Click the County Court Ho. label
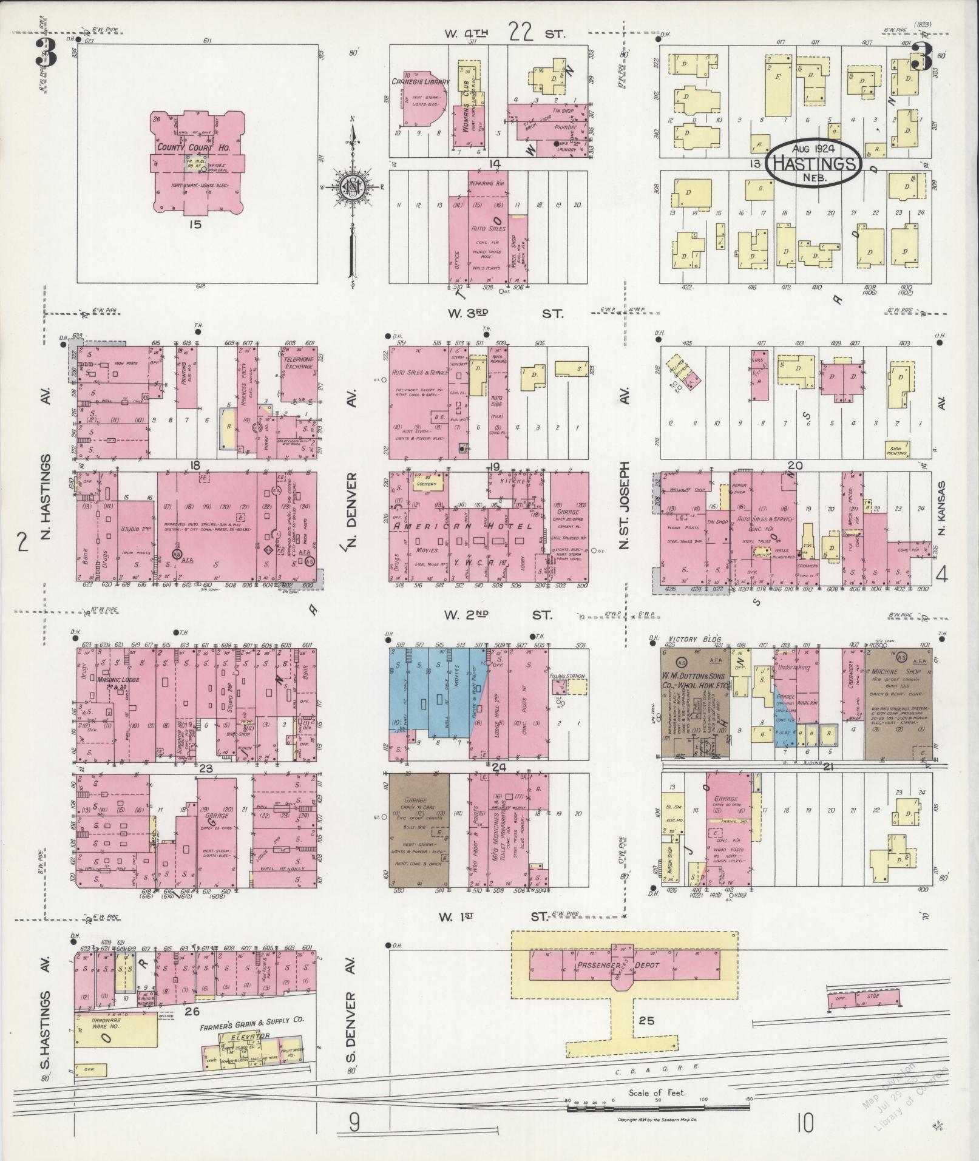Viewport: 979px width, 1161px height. click(188, 147)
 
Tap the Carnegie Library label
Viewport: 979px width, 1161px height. click(420, 81)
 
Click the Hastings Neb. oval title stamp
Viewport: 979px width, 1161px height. click(813, 162)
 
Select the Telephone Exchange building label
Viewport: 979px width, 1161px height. click(297, 363)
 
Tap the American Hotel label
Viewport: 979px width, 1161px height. click(463, 527)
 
